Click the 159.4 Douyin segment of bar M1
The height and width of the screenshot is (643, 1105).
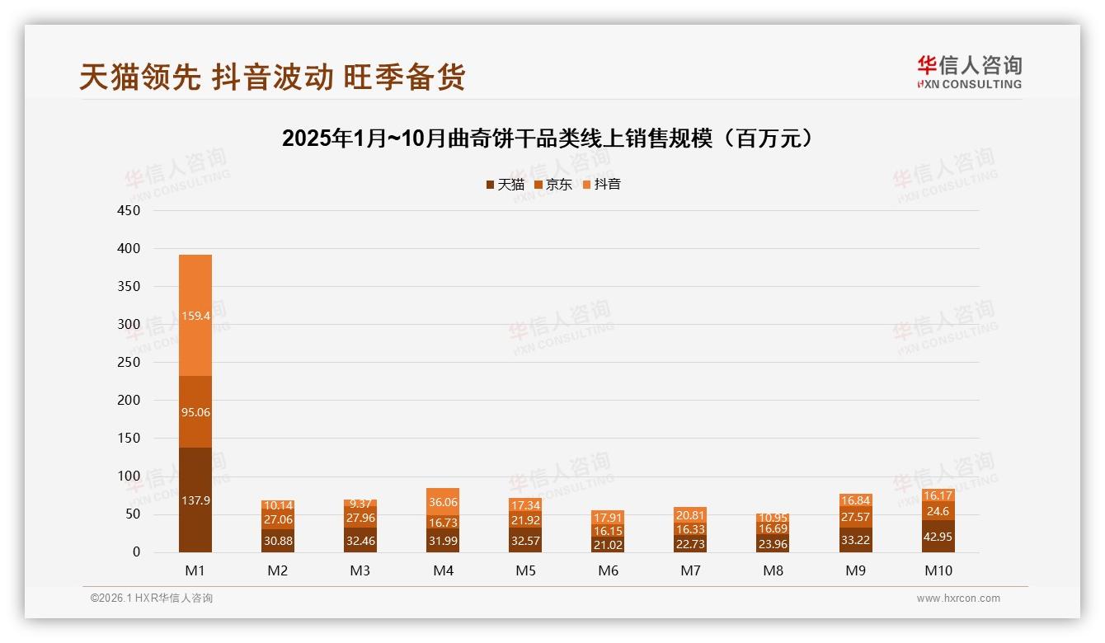[195, 316]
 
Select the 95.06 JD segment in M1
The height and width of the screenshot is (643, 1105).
[195, 412]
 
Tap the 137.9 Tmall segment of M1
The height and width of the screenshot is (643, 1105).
[195, 500]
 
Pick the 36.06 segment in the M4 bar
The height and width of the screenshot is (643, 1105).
[443, 501]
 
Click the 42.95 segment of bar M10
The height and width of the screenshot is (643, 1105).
[938, 536]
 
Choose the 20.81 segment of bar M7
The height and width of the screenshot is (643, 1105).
[690, 514]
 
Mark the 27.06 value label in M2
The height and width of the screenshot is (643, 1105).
[278, 520]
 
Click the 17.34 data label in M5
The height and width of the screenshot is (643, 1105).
[525, 505]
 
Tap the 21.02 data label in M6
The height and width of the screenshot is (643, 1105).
[608, 545]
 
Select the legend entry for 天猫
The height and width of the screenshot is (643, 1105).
[505, 185]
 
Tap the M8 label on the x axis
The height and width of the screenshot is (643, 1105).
[773, 570]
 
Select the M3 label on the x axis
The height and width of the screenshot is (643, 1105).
[360, 570]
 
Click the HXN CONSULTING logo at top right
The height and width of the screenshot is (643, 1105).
[970, 73]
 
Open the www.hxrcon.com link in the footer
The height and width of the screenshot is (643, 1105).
[958, 598]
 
